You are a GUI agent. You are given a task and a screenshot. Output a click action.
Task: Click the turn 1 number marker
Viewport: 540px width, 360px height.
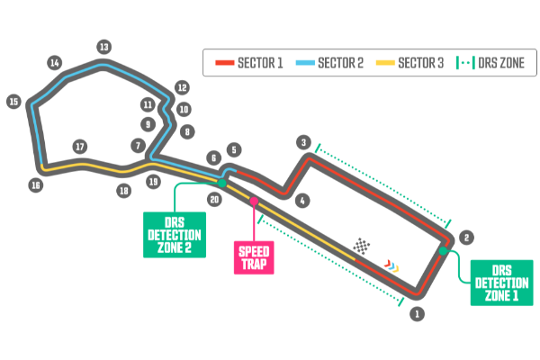[x=416, y=314]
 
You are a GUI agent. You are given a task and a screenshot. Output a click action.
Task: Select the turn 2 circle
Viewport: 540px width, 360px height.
[x=465, y=238]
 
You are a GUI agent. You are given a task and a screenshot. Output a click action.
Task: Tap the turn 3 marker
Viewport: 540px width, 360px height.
[x=304, y=142]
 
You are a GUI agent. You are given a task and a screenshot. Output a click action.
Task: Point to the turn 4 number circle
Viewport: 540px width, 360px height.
[x=302, y=200]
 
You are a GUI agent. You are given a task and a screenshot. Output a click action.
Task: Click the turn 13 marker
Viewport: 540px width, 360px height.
[x=103, y=47]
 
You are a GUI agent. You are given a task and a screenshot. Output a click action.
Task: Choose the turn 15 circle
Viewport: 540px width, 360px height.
[x=13, y=102]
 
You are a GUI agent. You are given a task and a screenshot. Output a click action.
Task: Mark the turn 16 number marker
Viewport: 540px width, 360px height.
[x=35, y=185]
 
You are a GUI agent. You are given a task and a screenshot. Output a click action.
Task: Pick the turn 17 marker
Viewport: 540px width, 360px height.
[x=80, y=146]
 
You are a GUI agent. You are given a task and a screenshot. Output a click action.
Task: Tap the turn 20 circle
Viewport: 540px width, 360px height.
[x=214, y=200]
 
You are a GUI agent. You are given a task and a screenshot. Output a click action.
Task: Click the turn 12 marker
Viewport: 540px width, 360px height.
[x=182, y=87]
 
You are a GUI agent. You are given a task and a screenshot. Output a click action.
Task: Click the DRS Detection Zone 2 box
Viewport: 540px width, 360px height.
[x=175, y=234]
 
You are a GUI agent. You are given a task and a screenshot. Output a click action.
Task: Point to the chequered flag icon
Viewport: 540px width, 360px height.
[x=362, y=246]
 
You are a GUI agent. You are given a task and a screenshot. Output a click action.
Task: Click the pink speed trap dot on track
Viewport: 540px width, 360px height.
[x=255, y=201]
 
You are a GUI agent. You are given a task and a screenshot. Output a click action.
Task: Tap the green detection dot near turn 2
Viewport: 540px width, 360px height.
[x=443, y=251]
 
